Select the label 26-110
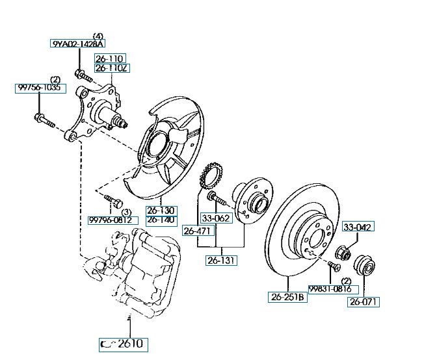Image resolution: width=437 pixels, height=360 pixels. pos(110,58)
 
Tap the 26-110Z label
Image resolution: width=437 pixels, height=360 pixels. pos(110,68)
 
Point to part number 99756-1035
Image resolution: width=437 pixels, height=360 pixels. pos(40,88)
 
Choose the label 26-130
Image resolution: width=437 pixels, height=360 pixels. pos(161,211)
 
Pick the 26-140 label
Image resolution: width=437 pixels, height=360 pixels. pos(161,220)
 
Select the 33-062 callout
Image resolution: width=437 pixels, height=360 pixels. pos(215,218)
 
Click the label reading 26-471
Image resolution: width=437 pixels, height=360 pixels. pos(198,230)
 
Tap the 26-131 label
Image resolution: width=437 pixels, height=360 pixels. pos(222,261)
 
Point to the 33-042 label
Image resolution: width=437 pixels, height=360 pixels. pos(358,227)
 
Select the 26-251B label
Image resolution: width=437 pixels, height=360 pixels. pos(287,298)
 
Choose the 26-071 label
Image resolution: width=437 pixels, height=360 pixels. pos(364,302)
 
